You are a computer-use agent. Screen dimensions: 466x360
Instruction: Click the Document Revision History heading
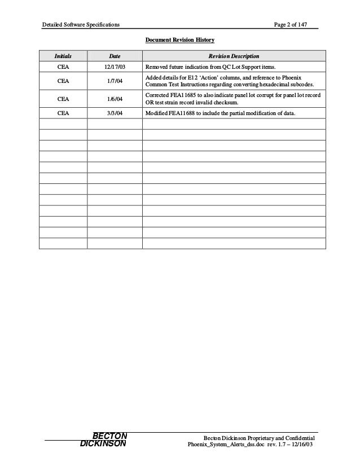coord(179,41)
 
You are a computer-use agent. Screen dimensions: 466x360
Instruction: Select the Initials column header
coord(63,56)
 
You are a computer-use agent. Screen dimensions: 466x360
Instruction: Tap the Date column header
coord(115,56)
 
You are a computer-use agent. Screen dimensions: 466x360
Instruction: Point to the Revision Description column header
coord(234,56)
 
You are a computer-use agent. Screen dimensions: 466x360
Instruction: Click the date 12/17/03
coord(115,68)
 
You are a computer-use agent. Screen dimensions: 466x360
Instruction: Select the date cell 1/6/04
coord(115,99)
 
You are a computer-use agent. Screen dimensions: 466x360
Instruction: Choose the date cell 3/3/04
coord(115,113)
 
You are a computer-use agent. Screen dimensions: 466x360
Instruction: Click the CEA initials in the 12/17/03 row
coord(63,68)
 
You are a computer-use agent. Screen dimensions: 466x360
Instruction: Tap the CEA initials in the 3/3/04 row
coord(63,113)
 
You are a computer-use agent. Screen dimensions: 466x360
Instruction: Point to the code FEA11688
coord(180,113)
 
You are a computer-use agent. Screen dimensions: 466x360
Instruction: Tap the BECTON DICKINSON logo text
coord(106,439)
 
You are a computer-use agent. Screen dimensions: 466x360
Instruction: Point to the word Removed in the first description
coord(157,68)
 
